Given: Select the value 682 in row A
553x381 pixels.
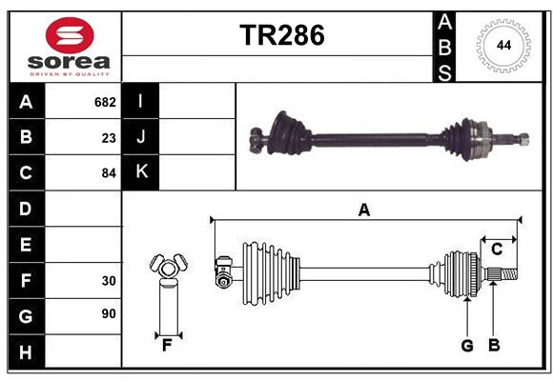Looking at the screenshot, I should coord(105,102).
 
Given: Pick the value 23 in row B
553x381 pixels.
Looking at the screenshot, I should coord(109,137).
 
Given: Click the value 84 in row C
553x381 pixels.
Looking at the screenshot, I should coord(109,173).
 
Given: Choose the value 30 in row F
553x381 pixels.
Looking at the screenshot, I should coord(109,280).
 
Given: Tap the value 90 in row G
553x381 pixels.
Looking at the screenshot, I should coord(109,313).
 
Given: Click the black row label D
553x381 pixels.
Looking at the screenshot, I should coord(25,209).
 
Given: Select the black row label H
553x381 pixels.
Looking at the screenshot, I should coord(25,352).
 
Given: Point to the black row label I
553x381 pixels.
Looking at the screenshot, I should coord(141,102).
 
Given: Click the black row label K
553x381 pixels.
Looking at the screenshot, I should coord(141,172).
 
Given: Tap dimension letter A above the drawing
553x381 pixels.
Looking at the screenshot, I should coord(363,211).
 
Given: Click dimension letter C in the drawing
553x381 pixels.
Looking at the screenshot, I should coord(497,250).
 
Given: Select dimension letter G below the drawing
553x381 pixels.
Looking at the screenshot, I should coord(467,346).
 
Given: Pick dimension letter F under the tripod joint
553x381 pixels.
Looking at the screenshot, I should coord(166,346).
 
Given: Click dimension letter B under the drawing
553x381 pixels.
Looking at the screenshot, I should coord(494,346).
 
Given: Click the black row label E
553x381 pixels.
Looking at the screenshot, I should coord(25,245).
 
